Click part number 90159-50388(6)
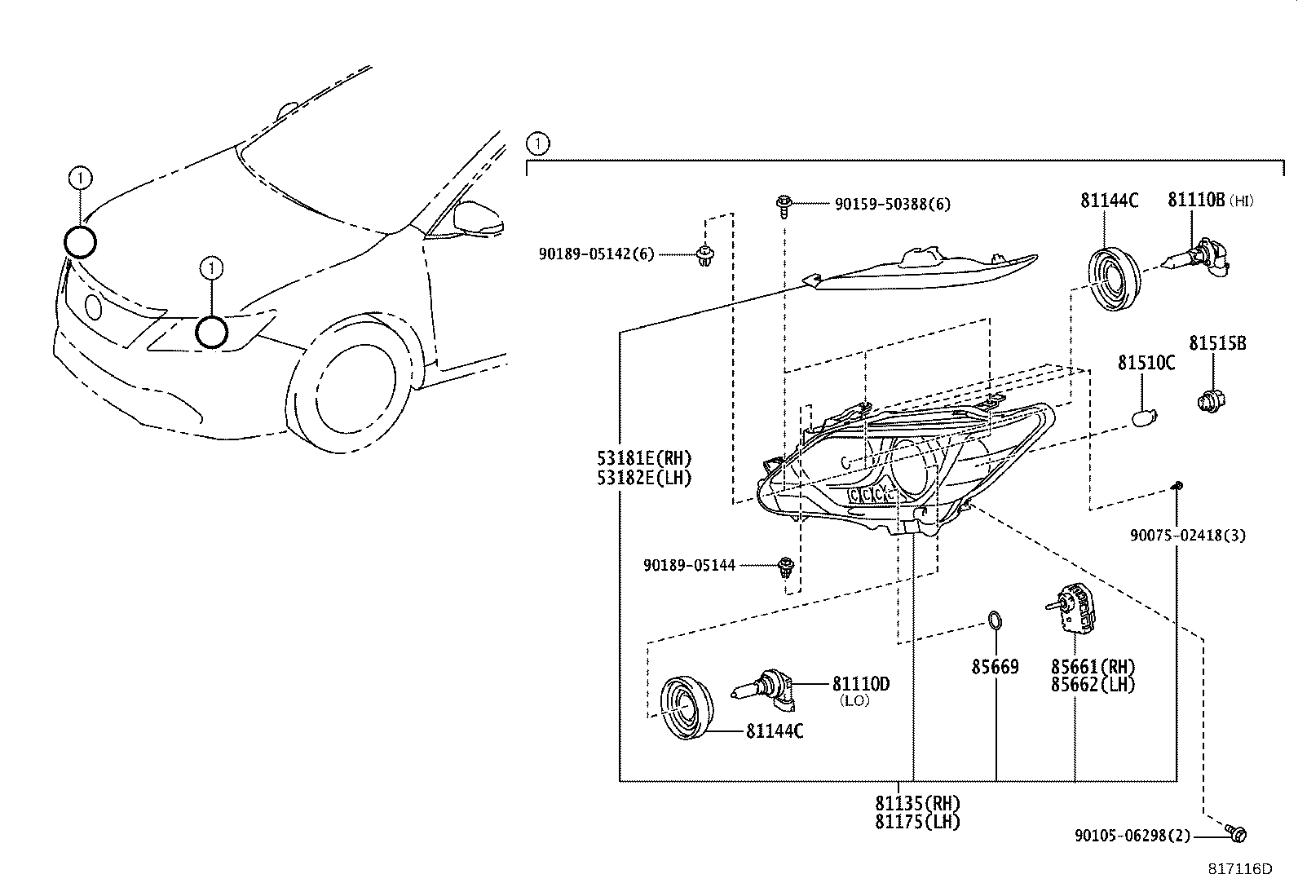(892, 204)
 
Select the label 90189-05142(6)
(596, 254)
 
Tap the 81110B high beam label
(1211, 200)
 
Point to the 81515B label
(1217, 343)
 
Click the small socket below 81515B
(1211, 400)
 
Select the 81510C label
(1146, 363)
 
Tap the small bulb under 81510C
(1145, 417)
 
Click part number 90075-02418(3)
(1187, 535)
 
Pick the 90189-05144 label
(689, 565)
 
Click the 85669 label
(995, 666)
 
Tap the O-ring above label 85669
(995, 620)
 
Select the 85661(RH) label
(1093, 666)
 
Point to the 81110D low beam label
(860, 684)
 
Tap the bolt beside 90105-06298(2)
(1235, 833)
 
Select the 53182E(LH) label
(644, 478)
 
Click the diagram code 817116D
(1240, 869)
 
